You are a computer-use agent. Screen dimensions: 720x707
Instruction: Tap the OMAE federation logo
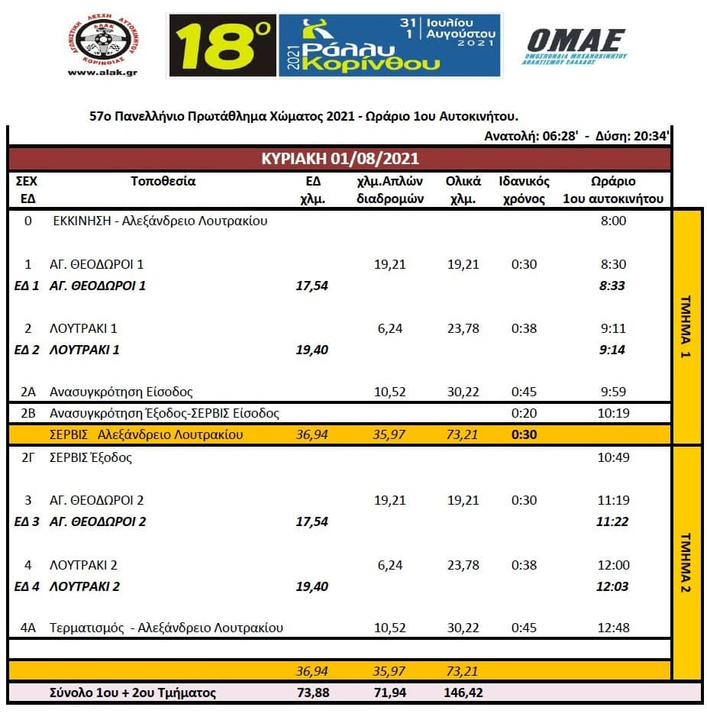[576, 45]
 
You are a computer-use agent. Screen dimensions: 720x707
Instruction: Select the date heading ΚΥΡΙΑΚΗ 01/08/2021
[340, 160]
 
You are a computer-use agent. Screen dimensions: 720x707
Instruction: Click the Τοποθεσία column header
[163, 182]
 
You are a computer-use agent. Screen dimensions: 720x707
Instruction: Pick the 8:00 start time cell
[613, 221]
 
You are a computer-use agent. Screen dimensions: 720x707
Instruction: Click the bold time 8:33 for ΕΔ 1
[613, 286]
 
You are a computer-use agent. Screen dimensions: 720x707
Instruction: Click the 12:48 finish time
[613, 628]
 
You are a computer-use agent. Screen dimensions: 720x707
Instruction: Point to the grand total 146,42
[463, 693]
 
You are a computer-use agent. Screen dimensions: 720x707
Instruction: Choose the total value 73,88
[312, 693]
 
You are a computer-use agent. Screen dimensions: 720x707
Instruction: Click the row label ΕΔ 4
[27, 586]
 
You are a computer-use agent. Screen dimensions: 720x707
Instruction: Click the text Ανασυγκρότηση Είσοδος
[121, 392]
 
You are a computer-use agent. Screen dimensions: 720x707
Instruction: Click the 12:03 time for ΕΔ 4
[613, 586]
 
